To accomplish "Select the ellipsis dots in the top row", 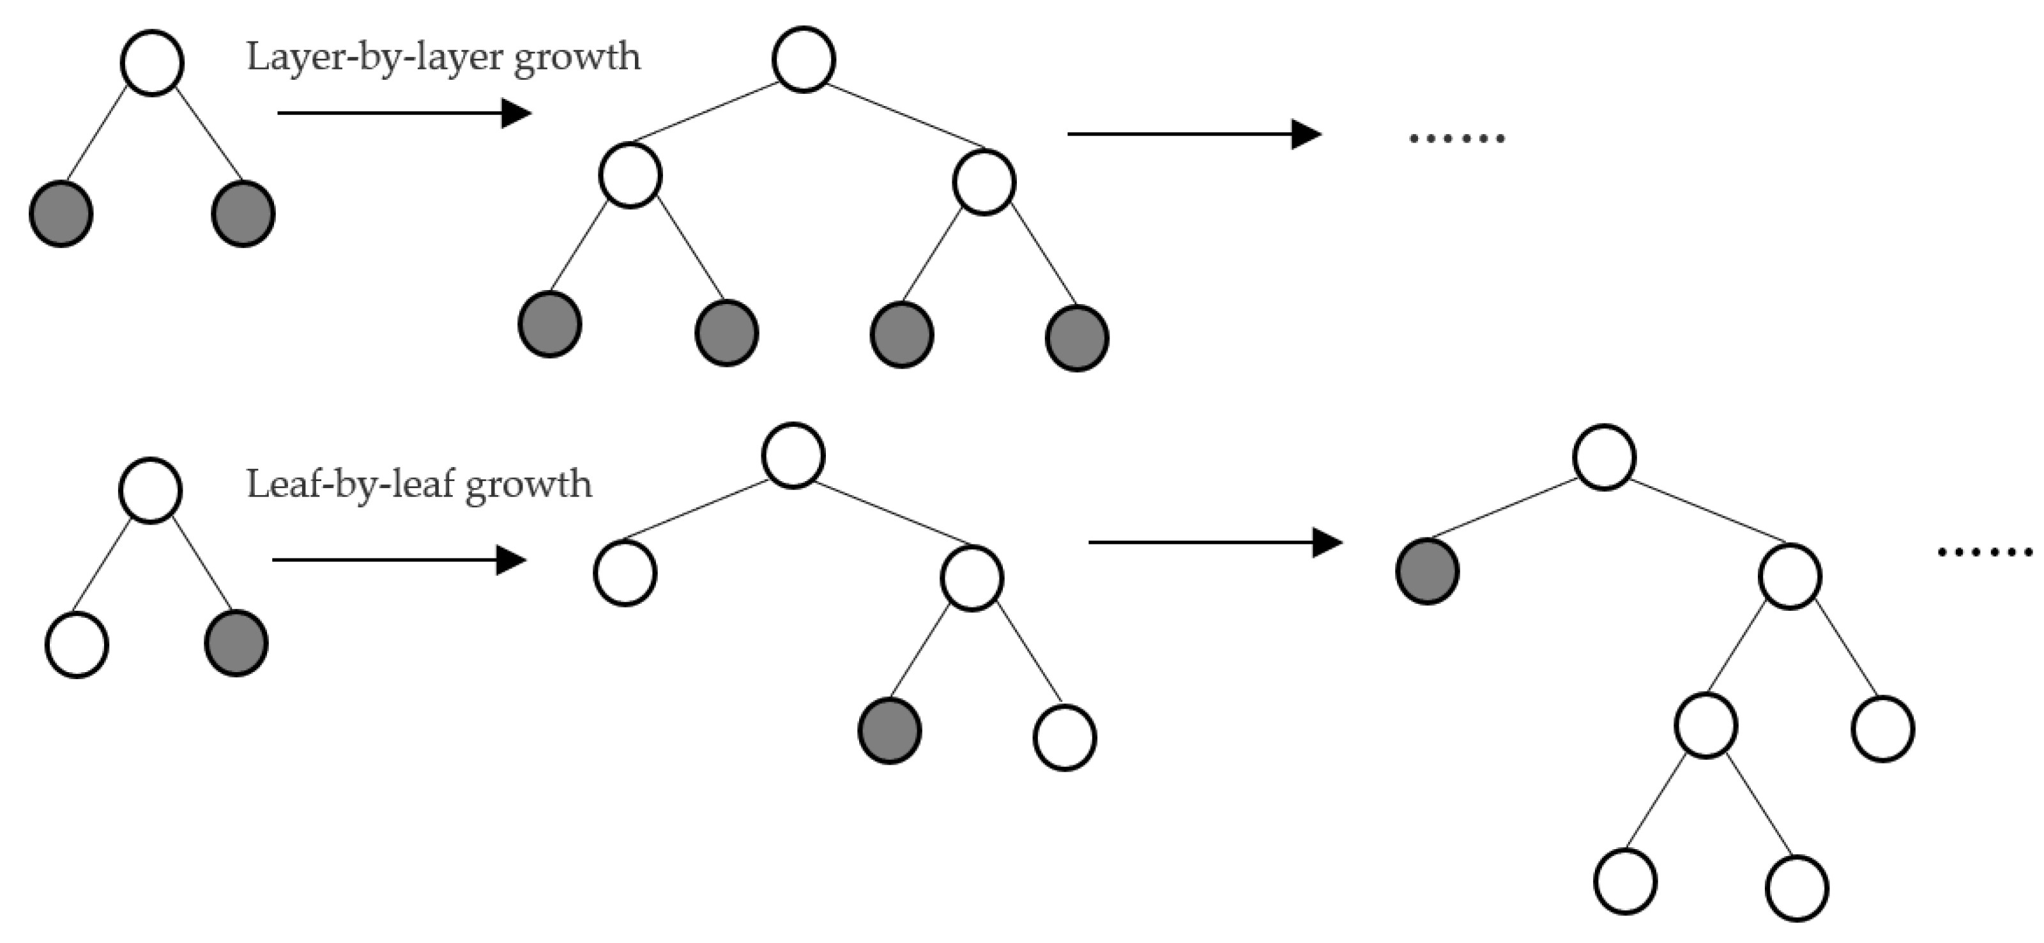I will click(x=1456, y=138).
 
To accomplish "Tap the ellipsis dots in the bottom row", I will click(x=1985, y=551).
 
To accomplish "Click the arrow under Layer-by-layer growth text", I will click(x=403, y=114).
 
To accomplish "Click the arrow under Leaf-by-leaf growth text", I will click(x=399, y=560).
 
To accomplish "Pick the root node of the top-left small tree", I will click(x=153, y=63).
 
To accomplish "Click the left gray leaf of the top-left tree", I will click(x=61, y=213).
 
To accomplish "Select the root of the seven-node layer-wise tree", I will click(x=803, y=59).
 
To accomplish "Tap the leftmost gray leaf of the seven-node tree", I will click(x=550, y=324).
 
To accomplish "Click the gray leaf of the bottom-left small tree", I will click(x=236, y=643).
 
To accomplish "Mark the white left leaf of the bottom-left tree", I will click(x=77, y=645).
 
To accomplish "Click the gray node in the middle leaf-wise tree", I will click(x=890, y=730).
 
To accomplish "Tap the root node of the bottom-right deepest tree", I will click(x=1605, y=457).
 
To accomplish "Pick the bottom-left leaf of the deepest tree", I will click(x=1625, y=881).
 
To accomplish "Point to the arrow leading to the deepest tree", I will click(x=1214, y=543).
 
